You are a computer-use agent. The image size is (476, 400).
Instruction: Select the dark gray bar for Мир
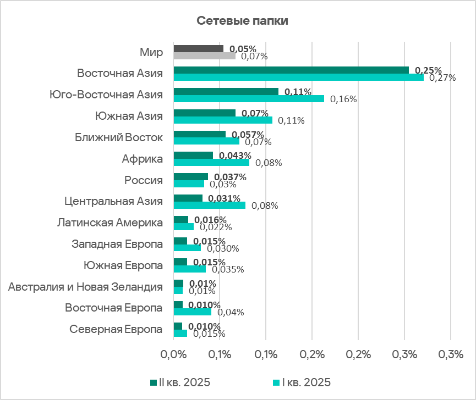(x=199, y=49)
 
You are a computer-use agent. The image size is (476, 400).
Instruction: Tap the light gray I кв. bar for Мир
(x=204, y=55)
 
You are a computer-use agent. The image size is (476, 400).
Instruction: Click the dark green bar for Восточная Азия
(x=291, y=70)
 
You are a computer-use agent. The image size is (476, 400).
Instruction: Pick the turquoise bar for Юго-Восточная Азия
(x=249, y=99)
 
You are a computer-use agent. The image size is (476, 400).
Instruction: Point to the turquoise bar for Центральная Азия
(x=210, y=205)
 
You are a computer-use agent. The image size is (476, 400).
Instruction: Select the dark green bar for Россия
(x=190, y=177)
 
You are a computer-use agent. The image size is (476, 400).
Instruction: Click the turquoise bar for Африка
(x=211, y=163)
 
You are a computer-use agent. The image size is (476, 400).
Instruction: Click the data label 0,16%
(x=344, y=99)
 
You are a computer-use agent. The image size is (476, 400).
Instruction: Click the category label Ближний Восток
(x=119, y=137)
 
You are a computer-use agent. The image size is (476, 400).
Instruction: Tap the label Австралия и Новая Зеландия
(x=85, y=287)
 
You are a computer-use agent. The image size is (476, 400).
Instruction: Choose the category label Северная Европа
(x=116, y=330)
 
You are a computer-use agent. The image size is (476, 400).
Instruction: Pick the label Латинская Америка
(x=110, y=223)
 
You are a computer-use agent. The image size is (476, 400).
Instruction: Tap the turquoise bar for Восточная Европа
(x=192, y=312)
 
